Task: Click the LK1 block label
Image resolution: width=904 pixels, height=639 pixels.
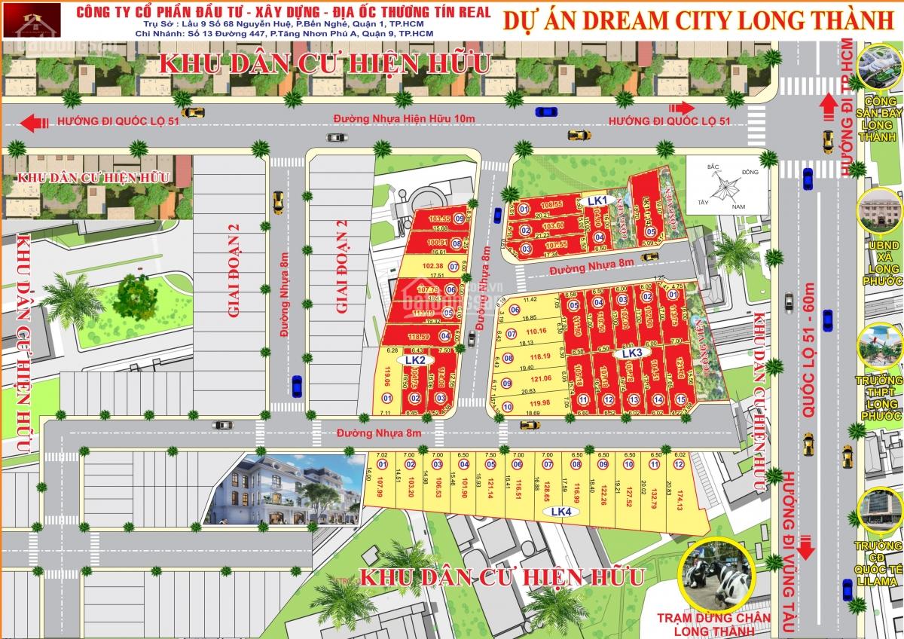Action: [597, 200]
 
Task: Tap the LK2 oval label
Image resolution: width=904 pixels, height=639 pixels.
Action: [417, 360]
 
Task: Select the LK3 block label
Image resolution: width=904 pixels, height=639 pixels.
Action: [631, 352]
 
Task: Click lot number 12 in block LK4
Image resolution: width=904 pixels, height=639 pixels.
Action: [679, 464]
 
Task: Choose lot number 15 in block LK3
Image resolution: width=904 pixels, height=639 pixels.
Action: [680, 399]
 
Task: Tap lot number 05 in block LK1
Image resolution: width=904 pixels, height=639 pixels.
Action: [651, 232]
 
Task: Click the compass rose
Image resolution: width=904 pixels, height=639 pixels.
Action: [719, 185]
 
